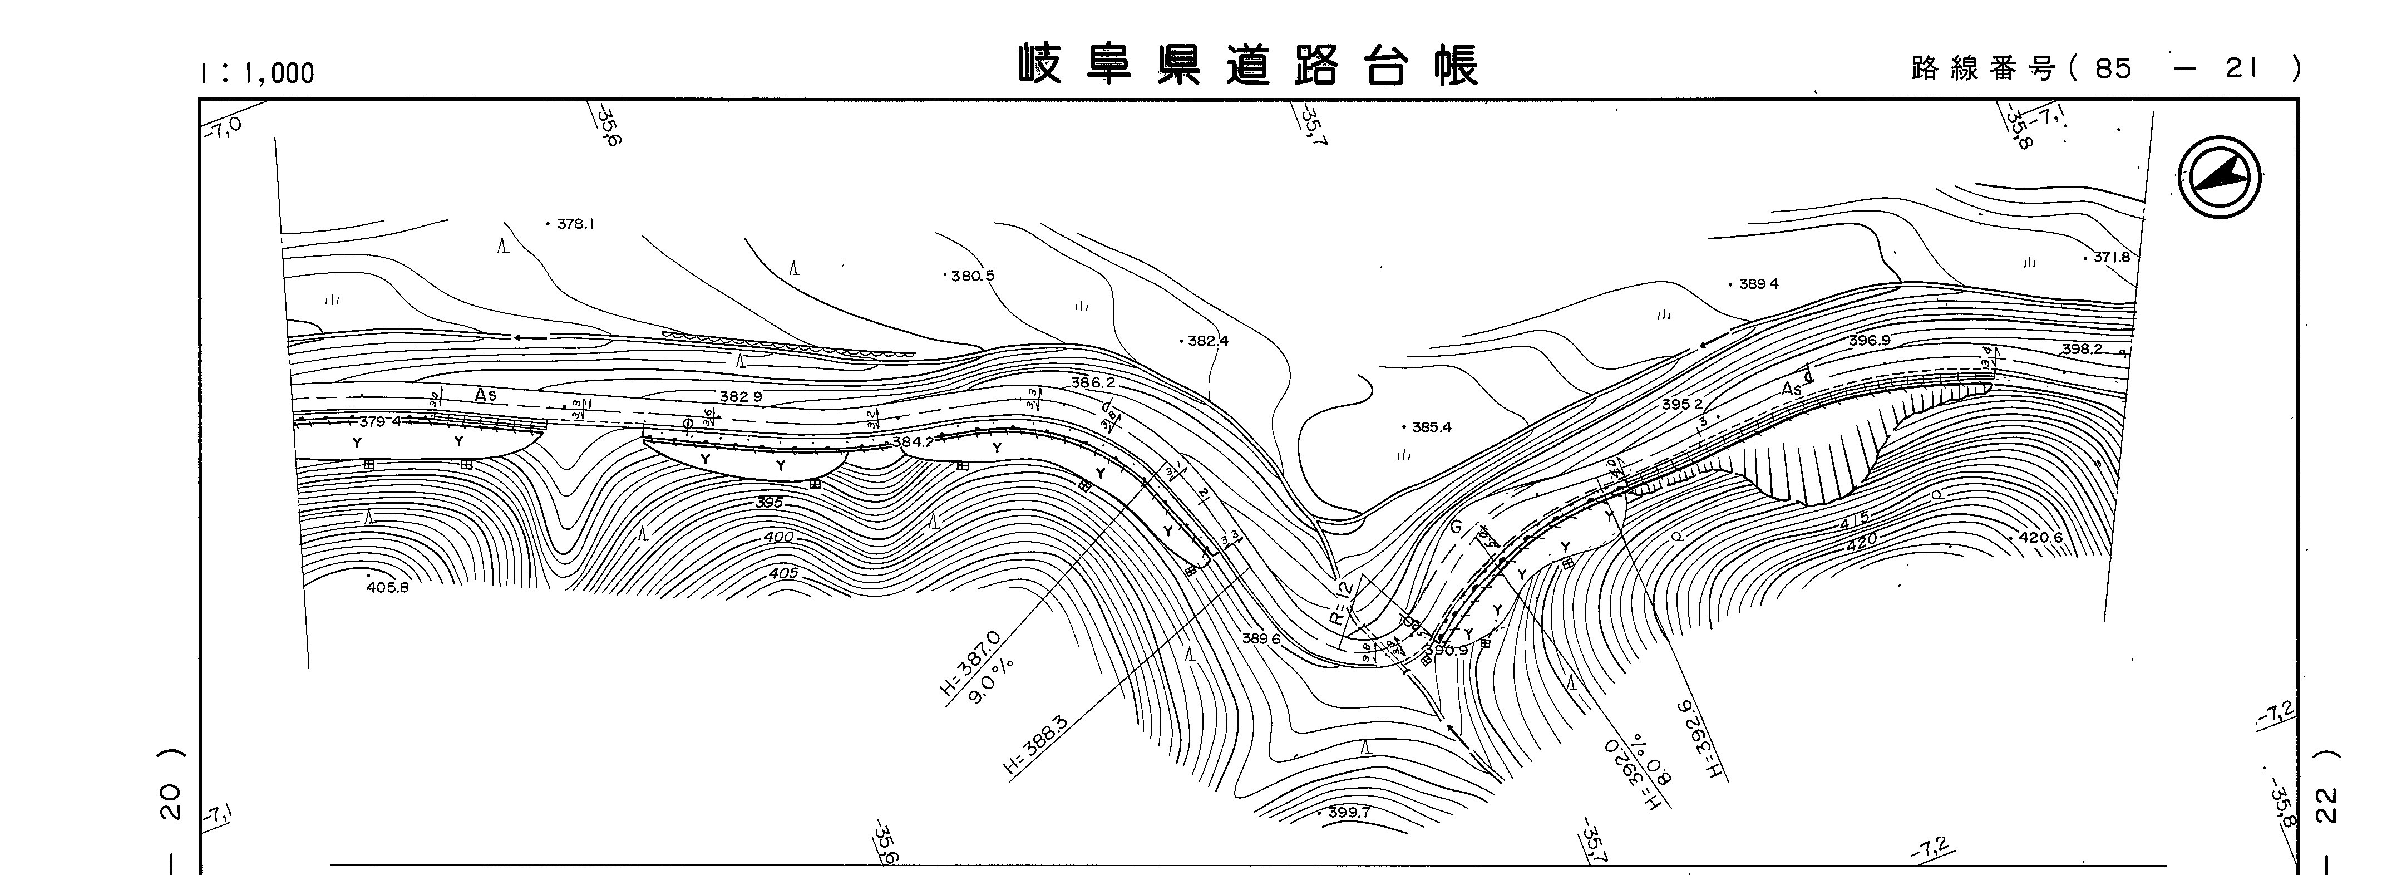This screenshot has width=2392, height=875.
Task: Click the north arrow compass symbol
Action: click(x=2220, y=178)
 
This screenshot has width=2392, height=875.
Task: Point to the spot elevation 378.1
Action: click(x=575, y=224)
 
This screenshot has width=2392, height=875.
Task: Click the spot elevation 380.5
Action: click(x=972, y=276)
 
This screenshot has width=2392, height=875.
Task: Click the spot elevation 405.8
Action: click(x=387, y=587)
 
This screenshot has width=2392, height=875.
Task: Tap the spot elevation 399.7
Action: click(x=1348, y=813)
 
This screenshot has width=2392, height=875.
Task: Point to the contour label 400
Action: click(x=779, y=537)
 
